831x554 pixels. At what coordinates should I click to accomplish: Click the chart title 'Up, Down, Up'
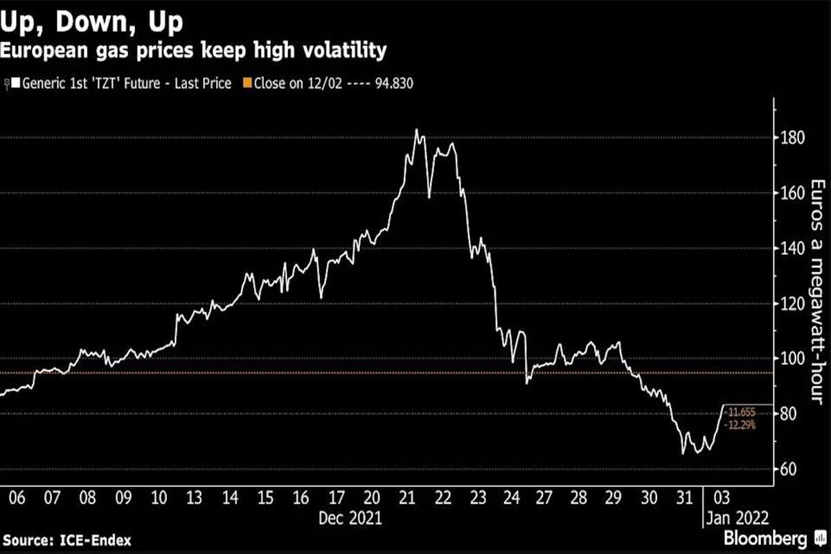point(91,22)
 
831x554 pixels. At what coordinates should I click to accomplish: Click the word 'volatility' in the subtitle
point(345,51)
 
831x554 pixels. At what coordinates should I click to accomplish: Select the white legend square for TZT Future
point(15,82)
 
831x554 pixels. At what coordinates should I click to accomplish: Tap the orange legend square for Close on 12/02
point(247,82)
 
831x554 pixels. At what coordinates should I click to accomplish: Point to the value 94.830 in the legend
point(394,84)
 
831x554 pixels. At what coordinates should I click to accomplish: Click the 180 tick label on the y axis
point(793,138)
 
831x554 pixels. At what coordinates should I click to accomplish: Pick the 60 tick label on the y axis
point(788,470)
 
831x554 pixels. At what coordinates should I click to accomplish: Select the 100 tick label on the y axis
point(793,359)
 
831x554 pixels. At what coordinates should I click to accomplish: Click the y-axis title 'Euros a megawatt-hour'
point(818,292)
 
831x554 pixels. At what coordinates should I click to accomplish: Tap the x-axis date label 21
point(407,498)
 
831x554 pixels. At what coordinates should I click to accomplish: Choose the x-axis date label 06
point(17,498)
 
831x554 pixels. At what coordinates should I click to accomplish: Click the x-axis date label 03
point(722,498)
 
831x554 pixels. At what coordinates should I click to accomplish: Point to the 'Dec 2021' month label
point(350,518)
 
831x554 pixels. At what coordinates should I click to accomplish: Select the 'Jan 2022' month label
point(738,518)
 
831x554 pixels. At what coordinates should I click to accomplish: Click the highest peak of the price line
point(416,129)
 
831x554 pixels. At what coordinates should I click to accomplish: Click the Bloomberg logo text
point(765,538)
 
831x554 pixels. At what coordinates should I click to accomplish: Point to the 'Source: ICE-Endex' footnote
point(66,541)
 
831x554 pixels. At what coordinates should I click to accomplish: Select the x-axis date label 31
point(684,498)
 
